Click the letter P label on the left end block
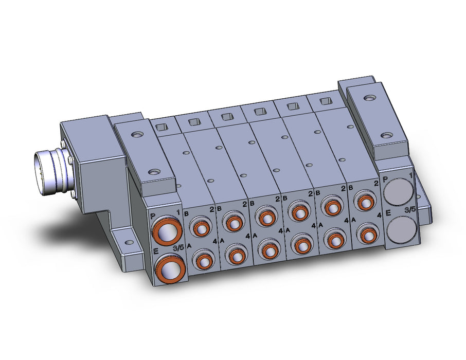point(153,215)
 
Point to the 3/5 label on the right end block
point(410,210)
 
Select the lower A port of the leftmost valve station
point(204,260)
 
